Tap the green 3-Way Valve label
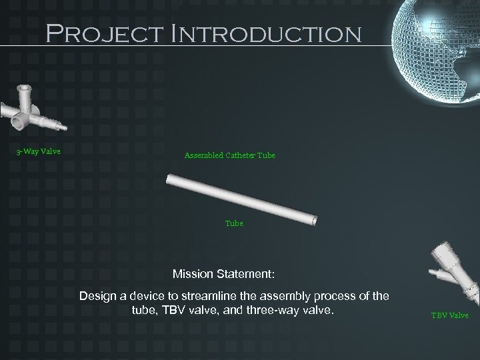pos(38,151)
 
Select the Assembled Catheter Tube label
pos(229,156)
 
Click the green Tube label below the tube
pos(234,224)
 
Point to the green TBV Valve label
pos(449,315)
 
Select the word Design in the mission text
pos(96,296)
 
